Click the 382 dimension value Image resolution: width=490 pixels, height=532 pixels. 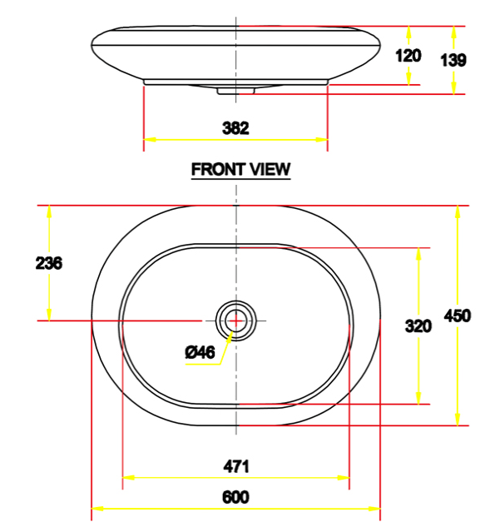pos(235,128)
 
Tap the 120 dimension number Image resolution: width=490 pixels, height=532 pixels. pos(408,56)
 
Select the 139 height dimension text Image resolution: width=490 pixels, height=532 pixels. pos(454,60)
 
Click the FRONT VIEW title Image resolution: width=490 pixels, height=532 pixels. pos(240,169)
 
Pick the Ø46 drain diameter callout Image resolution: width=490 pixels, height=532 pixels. pos(200,353)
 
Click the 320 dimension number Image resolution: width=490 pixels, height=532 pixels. pos(418,326)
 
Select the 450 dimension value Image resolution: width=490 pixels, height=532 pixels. pos(458,316)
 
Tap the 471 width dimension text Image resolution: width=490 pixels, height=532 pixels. pos(235,466)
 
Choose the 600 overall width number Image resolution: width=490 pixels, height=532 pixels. pos(235,497)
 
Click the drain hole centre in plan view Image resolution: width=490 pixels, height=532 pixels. pos(236,320)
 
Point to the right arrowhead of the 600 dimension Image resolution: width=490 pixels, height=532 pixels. pos(375,508)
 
